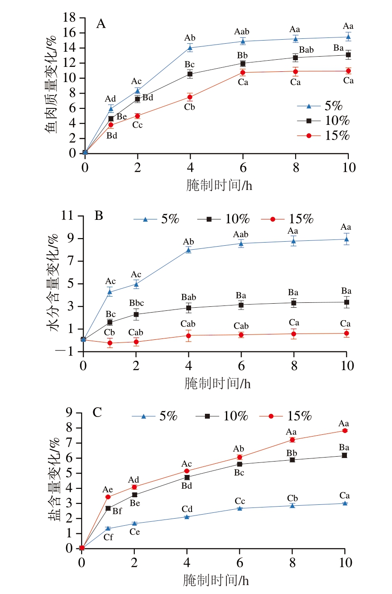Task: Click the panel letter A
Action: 101,24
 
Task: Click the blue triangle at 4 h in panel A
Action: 190,48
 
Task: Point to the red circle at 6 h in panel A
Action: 243,72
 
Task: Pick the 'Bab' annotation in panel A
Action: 306,49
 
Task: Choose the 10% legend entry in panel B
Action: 228,219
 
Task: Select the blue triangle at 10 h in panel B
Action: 346,239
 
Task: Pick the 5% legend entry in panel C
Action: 154,416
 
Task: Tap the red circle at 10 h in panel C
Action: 345,430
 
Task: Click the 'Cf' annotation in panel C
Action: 108,537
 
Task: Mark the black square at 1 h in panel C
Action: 108,508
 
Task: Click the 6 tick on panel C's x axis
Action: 240,562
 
